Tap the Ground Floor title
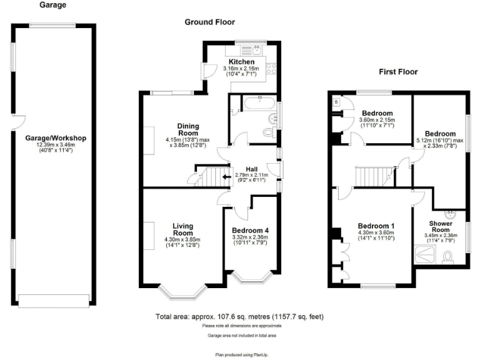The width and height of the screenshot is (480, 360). (x=209, y=22)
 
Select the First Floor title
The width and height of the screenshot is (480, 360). (x=398, y=72)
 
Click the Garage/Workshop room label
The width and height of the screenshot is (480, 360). (x=55, y=138)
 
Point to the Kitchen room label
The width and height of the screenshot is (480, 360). (x=241, y=62)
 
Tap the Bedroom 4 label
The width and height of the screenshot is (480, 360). (x=250, y=229)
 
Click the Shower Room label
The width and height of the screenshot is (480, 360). (x=441, y=226)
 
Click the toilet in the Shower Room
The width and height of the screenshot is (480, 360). (x=448, y=257)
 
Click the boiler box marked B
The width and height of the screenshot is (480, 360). (x=336, y=101)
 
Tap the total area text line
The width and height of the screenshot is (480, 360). (x=240, y=317)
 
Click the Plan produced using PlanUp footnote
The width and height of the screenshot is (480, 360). (x=239, y=354)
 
